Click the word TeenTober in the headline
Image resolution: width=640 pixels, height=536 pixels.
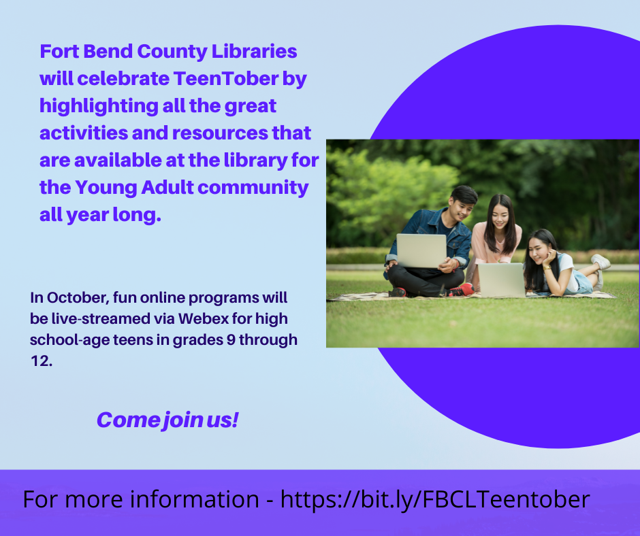[226, 78]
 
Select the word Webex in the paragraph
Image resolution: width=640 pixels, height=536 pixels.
[204, 318]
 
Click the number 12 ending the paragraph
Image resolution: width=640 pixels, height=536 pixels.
[42, 361]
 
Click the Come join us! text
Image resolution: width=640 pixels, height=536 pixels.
[167, 420]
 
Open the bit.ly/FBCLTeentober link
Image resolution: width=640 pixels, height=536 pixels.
[435, 499]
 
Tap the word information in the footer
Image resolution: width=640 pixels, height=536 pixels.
[194, 499]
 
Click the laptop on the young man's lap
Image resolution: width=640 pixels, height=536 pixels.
[421, 250]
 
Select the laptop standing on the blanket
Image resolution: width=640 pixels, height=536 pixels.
[501, 280]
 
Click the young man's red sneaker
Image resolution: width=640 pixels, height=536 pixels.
[462, 290]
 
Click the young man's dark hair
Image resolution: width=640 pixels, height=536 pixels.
[464, 195]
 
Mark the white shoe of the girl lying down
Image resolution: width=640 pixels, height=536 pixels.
[601, 261]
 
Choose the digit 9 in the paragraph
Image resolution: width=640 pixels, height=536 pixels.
[231, 340]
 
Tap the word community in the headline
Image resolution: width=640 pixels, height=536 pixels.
[253, 188]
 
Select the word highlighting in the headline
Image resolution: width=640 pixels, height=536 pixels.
[99, 106]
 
